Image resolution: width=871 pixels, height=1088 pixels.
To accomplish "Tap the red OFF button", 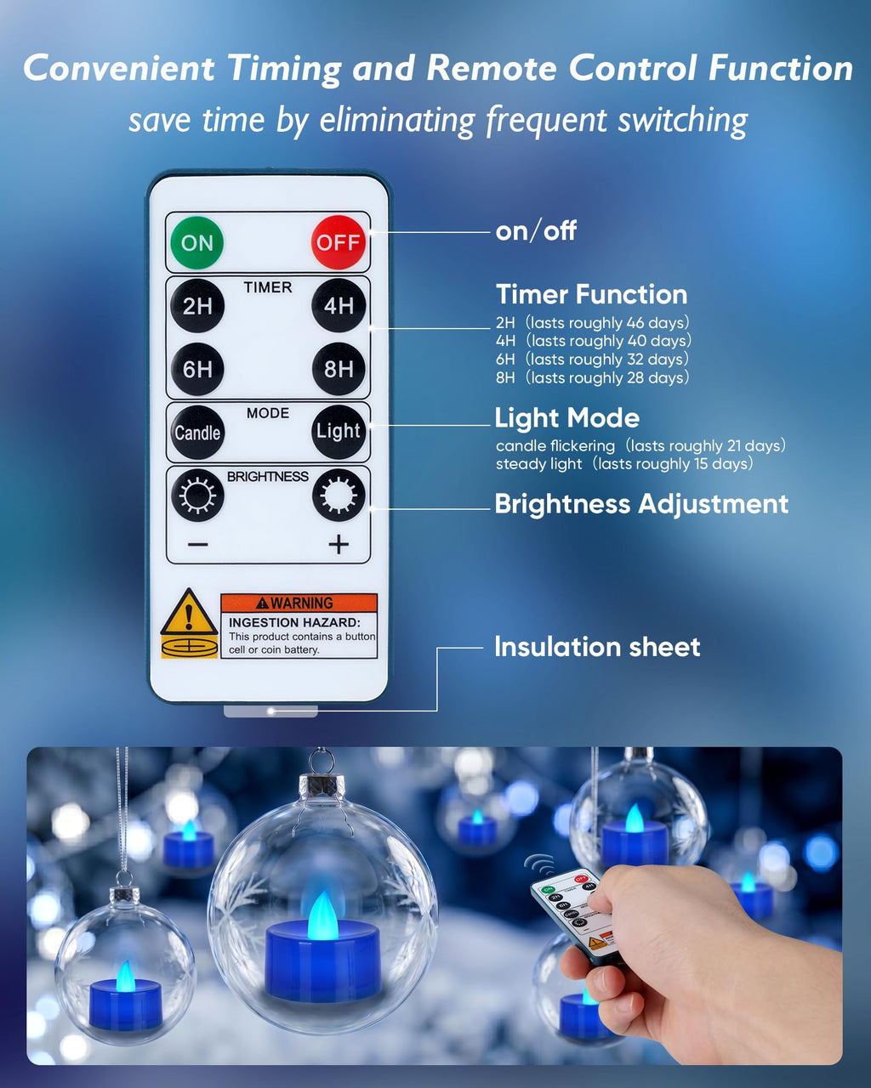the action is pos(338,242).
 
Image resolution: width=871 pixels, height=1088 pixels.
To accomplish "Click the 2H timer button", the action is pos(196,305).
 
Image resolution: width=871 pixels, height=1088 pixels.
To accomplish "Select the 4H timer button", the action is pos(338,305).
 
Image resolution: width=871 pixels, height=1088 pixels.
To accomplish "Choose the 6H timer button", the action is pos(196,369).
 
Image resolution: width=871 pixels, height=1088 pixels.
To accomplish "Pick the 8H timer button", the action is pos(338,369).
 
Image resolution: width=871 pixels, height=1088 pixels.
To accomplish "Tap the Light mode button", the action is pos(338,431).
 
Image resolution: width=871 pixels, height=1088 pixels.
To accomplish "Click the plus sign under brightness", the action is pos(339,545).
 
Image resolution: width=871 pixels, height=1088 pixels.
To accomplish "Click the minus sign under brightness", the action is pos(197,545).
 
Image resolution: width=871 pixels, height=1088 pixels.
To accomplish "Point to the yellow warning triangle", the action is pos(189,612).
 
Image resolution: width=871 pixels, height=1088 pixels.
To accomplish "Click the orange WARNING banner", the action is pos(299,603).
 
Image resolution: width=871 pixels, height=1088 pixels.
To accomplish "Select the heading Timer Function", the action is pos(592,294).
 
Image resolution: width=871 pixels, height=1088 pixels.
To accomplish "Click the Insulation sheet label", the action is pos(597,647).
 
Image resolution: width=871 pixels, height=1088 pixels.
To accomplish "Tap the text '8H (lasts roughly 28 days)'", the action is pos(593,377).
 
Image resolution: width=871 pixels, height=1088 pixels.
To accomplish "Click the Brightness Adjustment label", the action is pos(641,503).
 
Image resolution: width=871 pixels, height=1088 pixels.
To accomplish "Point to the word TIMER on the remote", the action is pos(268,287).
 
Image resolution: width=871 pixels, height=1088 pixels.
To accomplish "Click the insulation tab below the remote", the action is pos(270,711).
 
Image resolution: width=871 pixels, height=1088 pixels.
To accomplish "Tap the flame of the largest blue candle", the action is pos(322,915).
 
